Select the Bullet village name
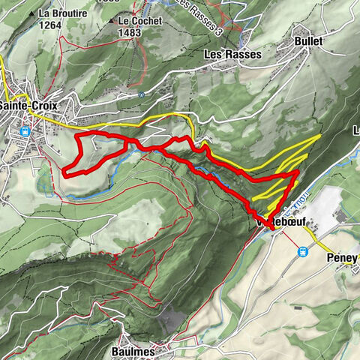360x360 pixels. pyautogui.click(x=308, y=41)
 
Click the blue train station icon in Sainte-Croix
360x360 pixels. pyautogui.click(x=25, y=131)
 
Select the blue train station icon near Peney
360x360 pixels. pyautogui.click(x=303, y=252)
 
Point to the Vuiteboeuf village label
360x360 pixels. pyautogui.click(x=271, y=223)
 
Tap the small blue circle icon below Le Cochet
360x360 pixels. pyautogui.click(x=141, y=94)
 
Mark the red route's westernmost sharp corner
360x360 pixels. pyautogui.click(x=64, y=174)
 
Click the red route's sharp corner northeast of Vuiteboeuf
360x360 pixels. pyautogui.click(x=298, y=172)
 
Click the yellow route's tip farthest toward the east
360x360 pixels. pyautogui.click(x=320, y=136)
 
